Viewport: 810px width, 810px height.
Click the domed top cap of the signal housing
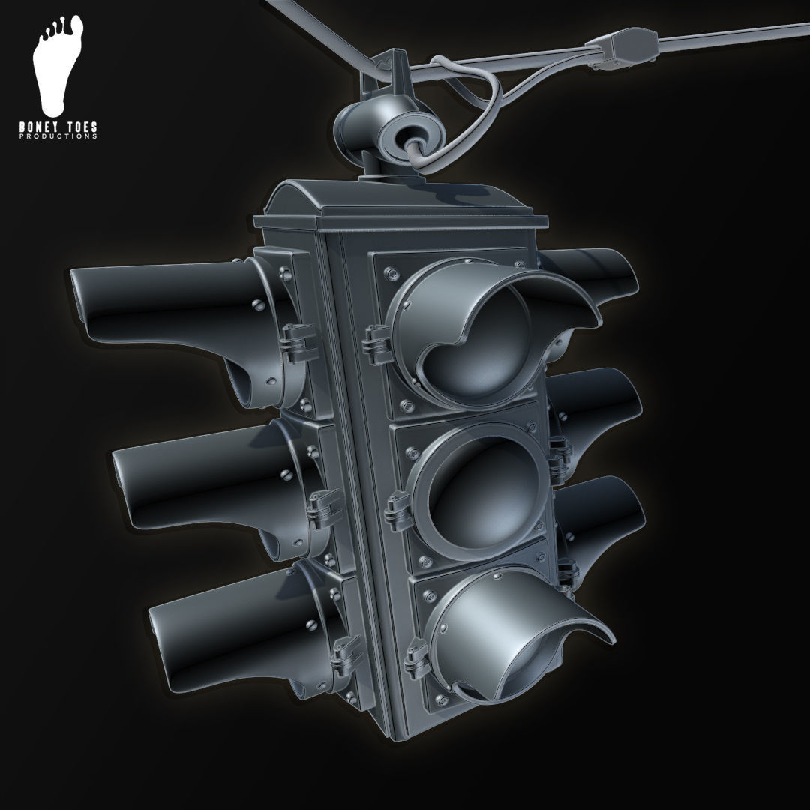[x=322, y=202]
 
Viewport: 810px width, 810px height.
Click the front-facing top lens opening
[x=480, y=330]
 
